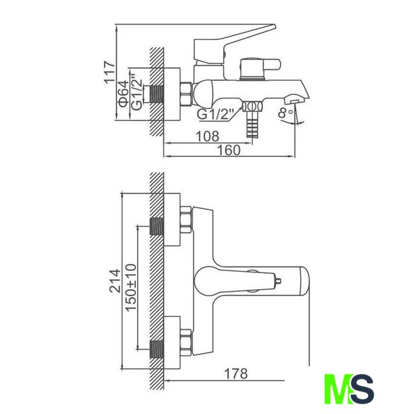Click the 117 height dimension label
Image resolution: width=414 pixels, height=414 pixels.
tap(109, 72)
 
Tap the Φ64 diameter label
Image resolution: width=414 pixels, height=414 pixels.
tap(124, 94)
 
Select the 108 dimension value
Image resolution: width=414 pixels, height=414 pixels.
tap(207, 136)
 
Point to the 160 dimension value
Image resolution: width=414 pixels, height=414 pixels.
tap(228, 150)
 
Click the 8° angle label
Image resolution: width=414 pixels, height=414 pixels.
tap(285, 113)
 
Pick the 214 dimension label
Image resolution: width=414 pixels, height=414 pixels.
tap(115, 281)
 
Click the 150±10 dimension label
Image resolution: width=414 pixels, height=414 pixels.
tap(131, 287)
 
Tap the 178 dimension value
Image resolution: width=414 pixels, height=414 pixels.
tap(235, 374)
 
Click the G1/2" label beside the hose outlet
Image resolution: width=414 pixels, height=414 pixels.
tap(216, 114)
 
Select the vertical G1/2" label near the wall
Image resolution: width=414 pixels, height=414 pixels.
tap(136, 92)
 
